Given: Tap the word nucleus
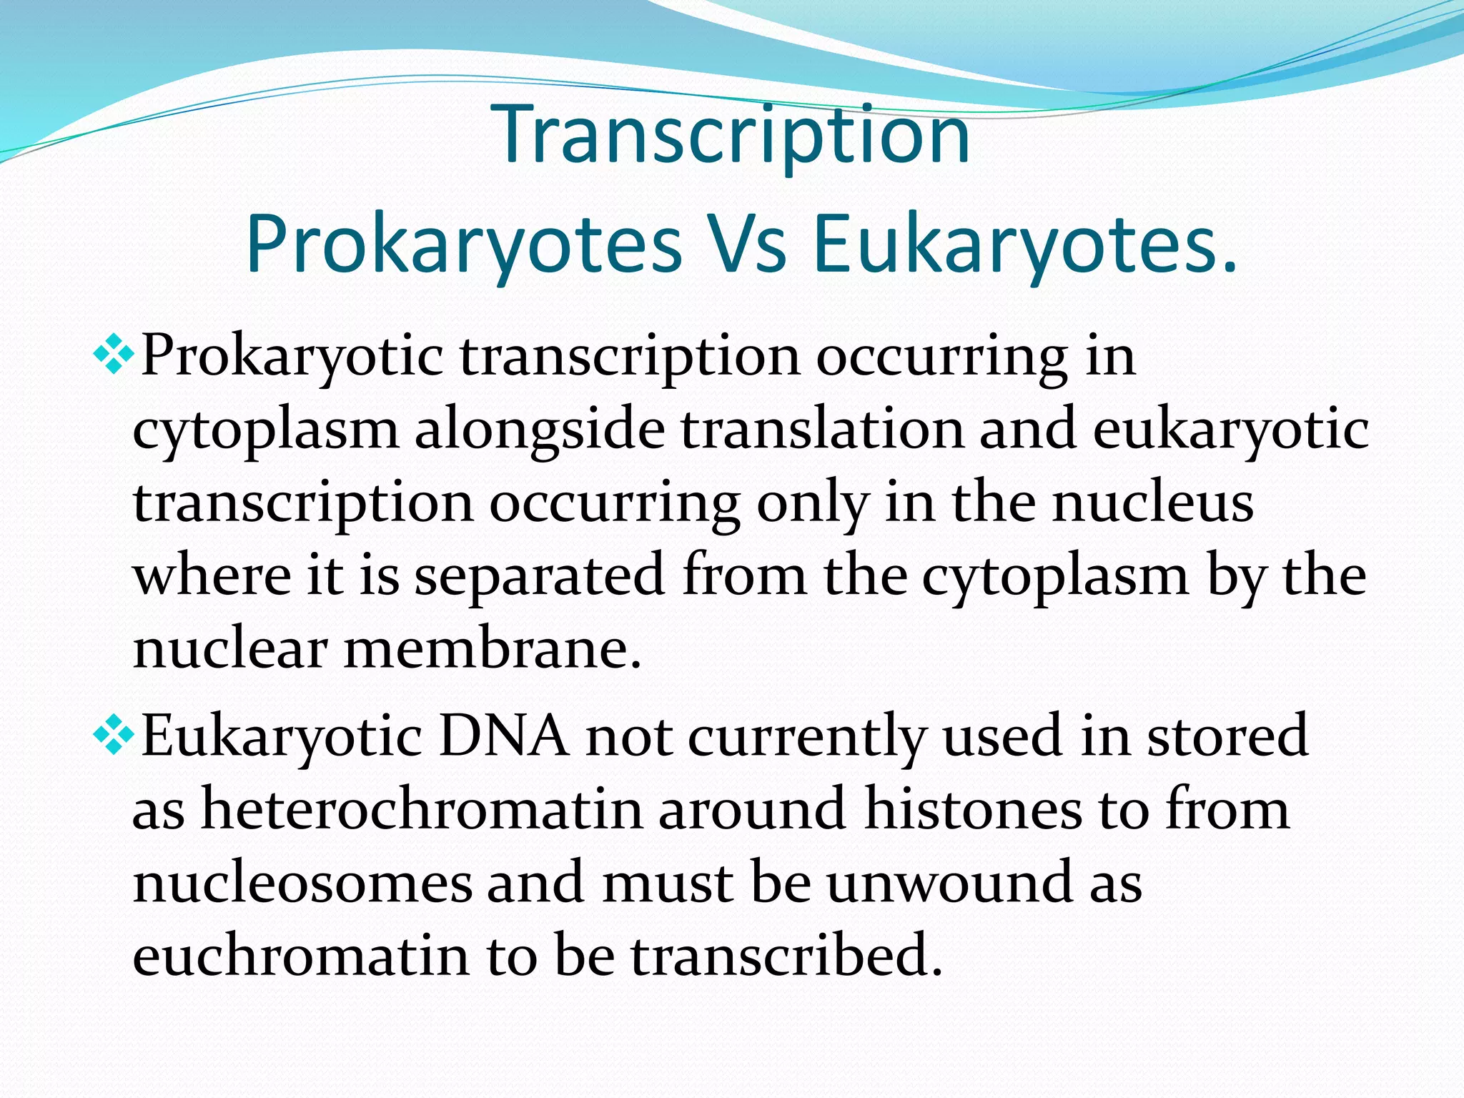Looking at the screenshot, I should [1152, 503].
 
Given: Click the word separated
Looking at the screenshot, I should [540, 576].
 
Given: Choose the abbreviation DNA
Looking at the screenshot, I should [504, 736].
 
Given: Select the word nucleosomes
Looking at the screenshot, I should [302, 884].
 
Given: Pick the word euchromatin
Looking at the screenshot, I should [301, 956].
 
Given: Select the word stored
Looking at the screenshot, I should [1227, 736].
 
